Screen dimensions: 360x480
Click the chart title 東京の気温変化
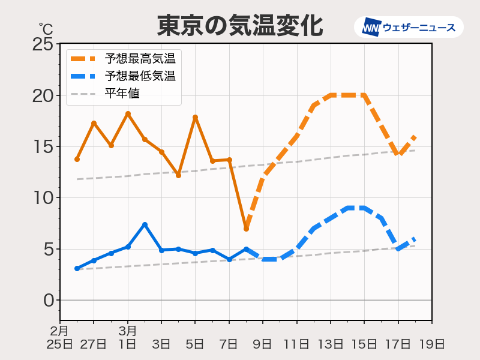point(240,25)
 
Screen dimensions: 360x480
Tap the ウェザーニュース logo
point(409,27)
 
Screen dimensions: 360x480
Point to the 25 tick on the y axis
point(44,44)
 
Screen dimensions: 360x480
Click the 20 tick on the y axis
point(44,95)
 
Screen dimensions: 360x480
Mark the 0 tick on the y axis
point(48,300)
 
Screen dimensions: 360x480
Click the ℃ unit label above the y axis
point(46,28)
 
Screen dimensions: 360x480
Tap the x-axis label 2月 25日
point(60,337)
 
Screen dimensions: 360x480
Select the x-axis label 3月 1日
point(128,337)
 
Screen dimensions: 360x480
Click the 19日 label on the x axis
point(431,344)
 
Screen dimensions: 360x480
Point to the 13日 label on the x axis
point(330,344)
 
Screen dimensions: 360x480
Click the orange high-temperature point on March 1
point(128,113)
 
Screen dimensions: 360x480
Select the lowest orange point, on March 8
point(246,229)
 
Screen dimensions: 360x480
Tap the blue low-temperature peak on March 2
point(145,224)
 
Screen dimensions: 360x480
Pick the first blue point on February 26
point(77,268)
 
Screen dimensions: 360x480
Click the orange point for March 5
point(195,117)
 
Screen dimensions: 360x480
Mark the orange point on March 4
point(178,175)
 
